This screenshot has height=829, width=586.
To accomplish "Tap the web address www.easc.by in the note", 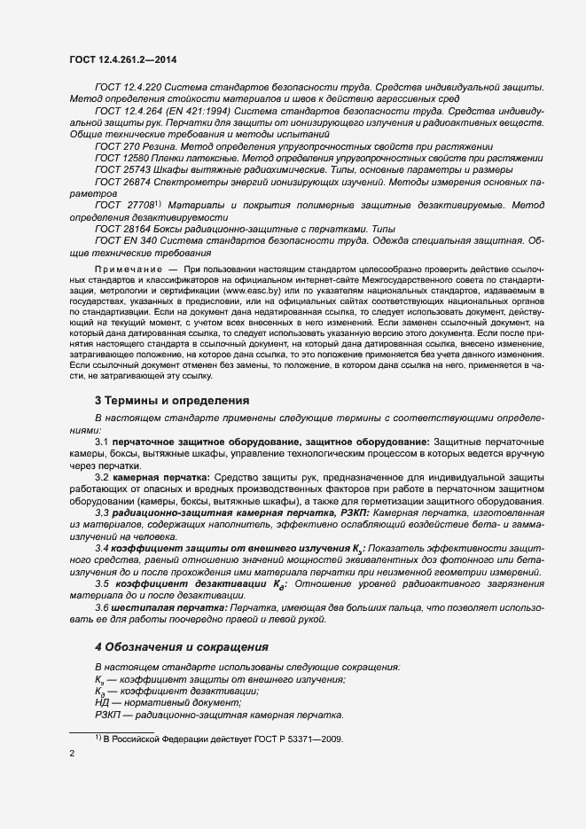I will pyautogui.click(x=250, y=290).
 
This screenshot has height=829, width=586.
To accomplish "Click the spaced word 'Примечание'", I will pyautogui.click(x=128, y=269).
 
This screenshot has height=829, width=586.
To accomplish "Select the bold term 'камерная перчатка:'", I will pyautogui.click(x=159, y=478).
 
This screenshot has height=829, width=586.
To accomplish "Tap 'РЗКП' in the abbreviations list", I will pyautogui.click(x=107, y=715).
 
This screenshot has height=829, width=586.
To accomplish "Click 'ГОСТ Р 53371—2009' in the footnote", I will pyautogui.click(x=289, y=739).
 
